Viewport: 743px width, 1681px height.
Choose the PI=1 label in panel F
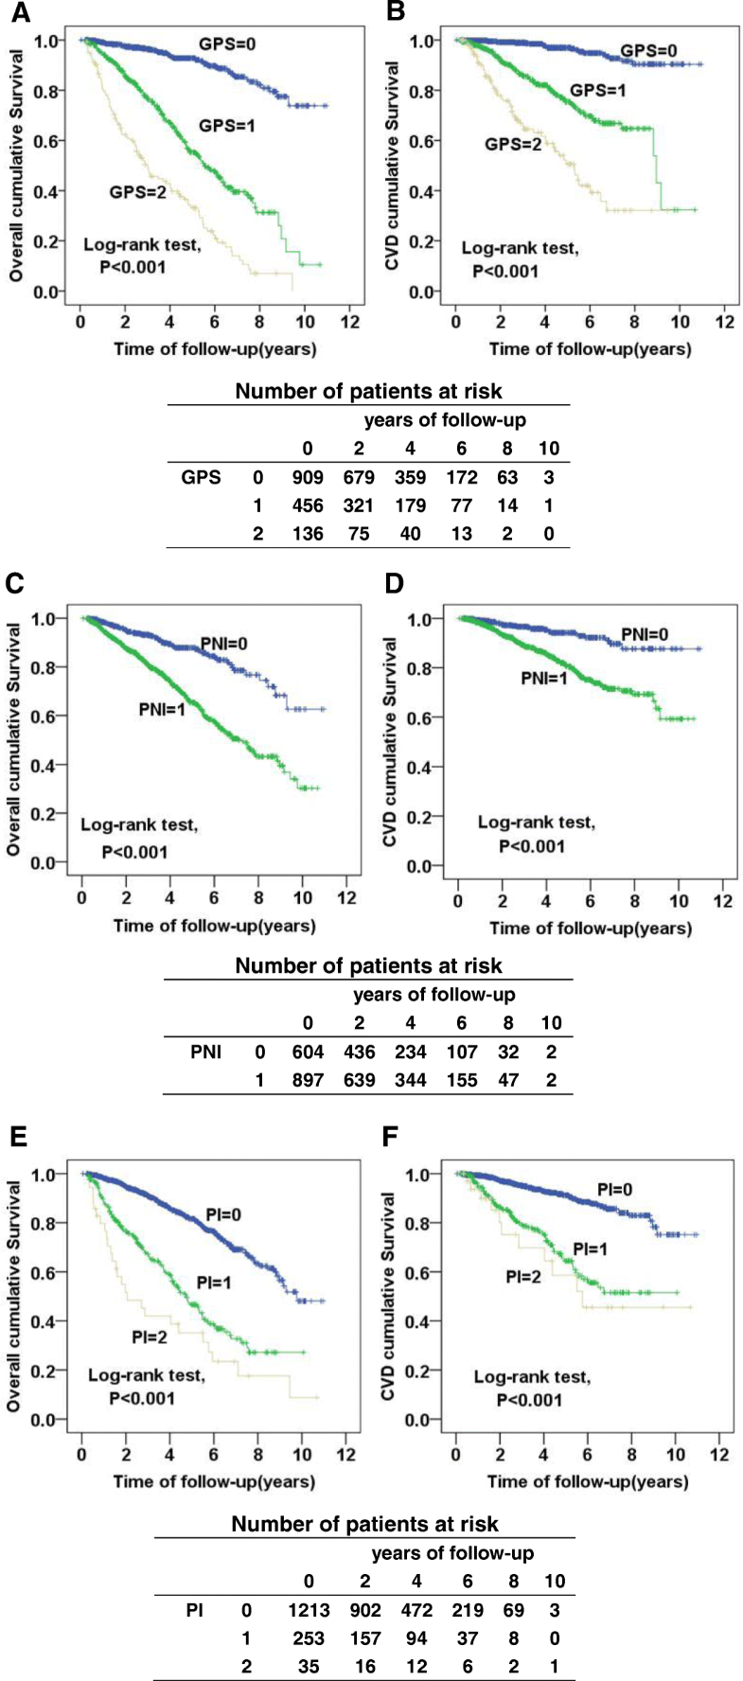590,1249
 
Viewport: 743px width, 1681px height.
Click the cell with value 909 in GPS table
307,477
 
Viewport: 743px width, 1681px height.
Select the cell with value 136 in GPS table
307,534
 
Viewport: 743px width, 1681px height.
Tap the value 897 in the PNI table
308,1079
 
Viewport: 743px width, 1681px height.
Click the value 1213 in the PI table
309,1609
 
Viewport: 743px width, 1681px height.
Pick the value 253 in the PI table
309,1637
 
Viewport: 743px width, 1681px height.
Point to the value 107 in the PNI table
462,1052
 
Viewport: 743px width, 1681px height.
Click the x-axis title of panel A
215,348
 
